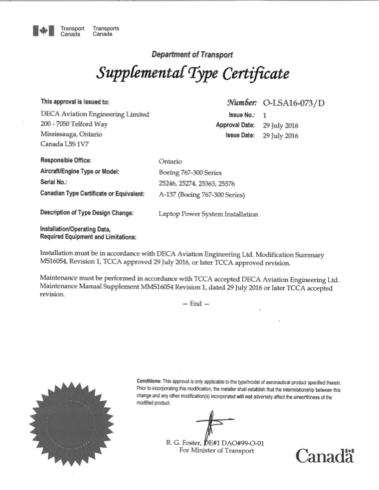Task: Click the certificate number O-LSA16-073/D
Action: (x=294, y=104)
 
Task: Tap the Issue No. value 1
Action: (x=265, y=115)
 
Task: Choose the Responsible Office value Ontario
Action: (x=170, y=161)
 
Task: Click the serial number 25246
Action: (x=168, y=184)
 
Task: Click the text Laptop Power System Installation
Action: (x=208, y=214)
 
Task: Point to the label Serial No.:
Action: (x=54, y=183)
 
